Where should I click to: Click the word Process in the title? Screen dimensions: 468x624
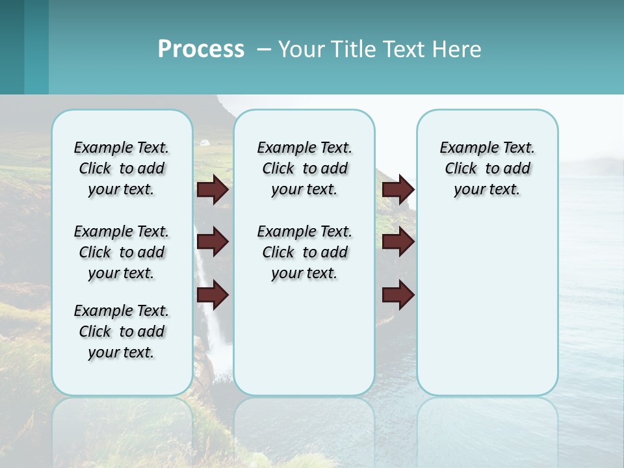coord(201,49)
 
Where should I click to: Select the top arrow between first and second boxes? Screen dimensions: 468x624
coord(213,189)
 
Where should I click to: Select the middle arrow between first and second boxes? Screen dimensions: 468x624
coord(213,242)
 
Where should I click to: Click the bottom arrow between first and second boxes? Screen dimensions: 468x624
coord(213,295)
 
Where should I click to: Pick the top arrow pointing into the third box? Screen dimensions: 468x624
coord(398,189)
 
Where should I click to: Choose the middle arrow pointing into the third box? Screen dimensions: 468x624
coord(398,242)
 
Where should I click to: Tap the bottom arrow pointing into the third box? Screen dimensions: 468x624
coord(398,295)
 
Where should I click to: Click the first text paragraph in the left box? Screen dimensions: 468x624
coord(122,168)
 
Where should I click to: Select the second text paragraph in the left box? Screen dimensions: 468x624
coord(122,252)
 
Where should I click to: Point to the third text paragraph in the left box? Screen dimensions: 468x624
coord(122,331)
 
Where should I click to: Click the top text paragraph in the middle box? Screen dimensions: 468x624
coord(304,168)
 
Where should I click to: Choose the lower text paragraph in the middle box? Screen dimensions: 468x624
coord(304,252)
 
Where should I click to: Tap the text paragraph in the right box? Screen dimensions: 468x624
coord(487,168)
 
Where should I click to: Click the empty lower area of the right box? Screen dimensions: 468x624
coord(487,312)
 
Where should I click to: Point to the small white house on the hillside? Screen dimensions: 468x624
coord(205,141)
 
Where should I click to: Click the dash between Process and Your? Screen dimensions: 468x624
coord(264,49)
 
